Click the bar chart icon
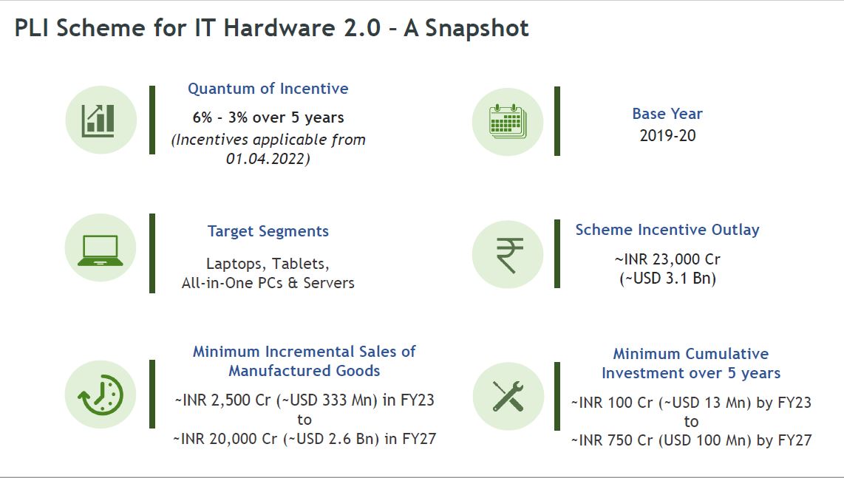98,120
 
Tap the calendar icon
508,121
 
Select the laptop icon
100,250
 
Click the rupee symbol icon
509,255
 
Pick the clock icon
101,395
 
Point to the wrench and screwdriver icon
508,396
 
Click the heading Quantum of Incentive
268,88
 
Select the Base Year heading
667,114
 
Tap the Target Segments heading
268,231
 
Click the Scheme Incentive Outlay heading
667,230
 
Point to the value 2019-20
667,135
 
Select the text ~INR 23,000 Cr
667,259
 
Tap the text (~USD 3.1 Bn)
667,279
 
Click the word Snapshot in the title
477,28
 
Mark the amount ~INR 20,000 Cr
225,439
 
